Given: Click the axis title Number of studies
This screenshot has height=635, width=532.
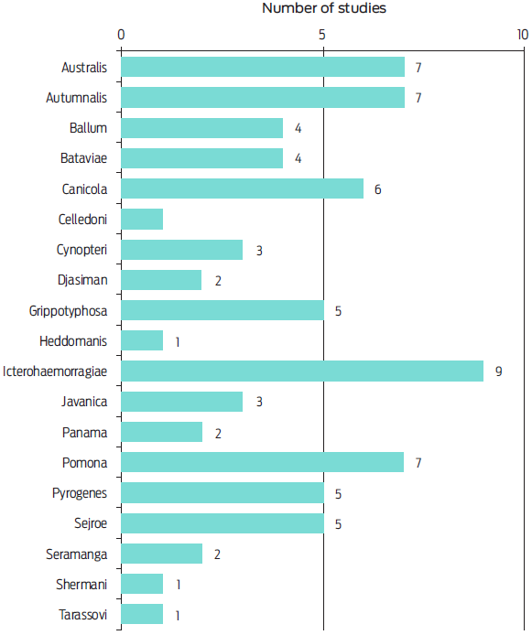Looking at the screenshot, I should click(x=324, y=9).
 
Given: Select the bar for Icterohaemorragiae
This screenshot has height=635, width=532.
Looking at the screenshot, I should click(x=302, y=371).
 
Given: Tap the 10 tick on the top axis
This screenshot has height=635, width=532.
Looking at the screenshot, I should click(x=522, y=35).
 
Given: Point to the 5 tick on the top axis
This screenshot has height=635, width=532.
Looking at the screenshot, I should click(x=322, y=35).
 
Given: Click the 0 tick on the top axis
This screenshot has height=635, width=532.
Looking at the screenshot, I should click(x=122, y=35).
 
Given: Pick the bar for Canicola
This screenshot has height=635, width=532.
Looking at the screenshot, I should click(x=243, y=188).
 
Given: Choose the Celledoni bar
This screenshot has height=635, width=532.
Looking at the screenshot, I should click(x=142, y=220).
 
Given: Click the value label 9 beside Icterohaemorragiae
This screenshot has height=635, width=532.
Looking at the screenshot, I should click(x=498, y=371).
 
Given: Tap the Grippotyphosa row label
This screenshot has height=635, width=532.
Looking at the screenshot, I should click(x=68, y=311).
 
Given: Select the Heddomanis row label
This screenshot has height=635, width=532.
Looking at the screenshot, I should click(x=73, y=341).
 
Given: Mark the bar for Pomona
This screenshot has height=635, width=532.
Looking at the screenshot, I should click(x=263, y=463).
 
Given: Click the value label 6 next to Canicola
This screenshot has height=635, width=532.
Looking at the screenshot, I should click(x=377, y=189).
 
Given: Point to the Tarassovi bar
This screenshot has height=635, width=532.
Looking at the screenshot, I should click(x=142, y=615).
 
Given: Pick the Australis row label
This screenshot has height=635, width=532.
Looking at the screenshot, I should click(x=84, y=67).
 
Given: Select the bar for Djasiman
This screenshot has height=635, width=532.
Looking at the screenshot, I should click(x=161, y=280).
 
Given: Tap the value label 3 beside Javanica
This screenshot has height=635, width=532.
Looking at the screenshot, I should click(x=259, y=403).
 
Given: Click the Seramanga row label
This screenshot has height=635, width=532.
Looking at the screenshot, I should click(x=77, y=554).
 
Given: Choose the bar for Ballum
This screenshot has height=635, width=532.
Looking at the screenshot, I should click(x=202, y=128).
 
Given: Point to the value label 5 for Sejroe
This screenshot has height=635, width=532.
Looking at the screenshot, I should click(x=338, y=524).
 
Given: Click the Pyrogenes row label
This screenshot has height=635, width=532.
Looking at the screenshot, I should click(x=80, y=494).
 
